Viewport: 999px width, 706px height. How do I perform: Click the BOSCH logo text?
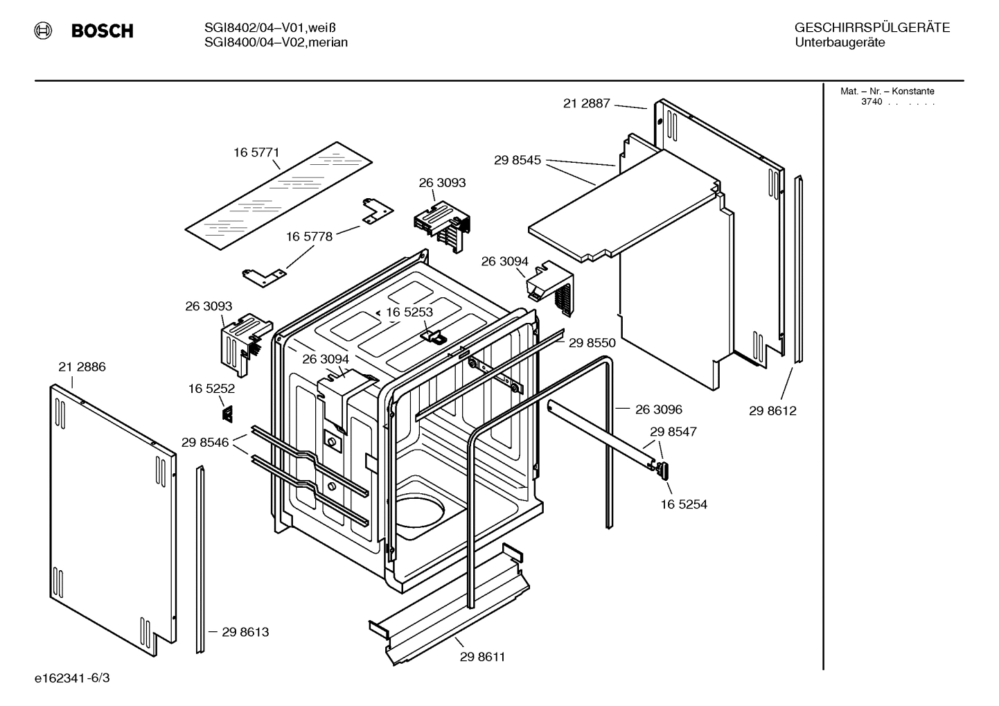click(x=102, y=30)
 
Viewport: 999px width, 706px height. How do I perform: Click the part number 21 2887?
click(x=586, y=103)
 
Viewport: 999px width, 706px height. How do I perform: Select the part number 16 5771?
click(x=256, y=152)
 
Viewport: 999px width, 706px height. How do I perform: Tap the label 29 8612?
click(x=772, y=411)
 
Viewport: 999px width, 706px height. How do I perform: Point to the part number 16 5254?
click(x=684, y=504)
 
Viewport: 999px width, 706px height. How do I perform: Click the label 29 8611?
click(x=482, y=657)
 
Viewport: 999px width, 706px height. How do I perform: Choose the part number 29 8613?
click(x=245, y=632)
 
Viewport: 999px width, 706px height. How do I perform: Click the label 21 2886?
click(x=82, y=367)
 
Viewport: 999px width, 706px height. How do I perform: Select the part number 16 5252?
click(x=211, y=389)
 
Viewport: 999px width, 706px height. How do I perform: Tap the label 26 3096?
click(x=658, y=409)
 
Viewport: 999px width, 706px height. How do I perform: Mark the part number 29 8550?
click(x=592, y=342)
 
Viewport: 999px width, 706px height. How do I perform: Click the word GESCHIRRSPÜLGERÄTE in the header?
click(x=872, y=28)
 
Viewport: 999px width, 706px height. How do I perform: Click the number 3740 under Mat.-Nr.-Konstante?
click(x=872, y=102)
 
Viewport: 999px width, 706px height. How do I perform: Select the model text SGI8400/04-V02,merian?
click(x=276, y=42)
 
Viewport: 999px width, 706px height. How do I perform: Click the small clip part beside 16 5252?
click(x=227, y=414)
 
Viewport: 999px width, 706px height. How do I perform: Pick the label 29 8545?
click(x=517, y=160)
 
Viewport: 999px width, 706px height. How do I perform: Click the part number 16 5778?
click(x=309, y=236)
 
